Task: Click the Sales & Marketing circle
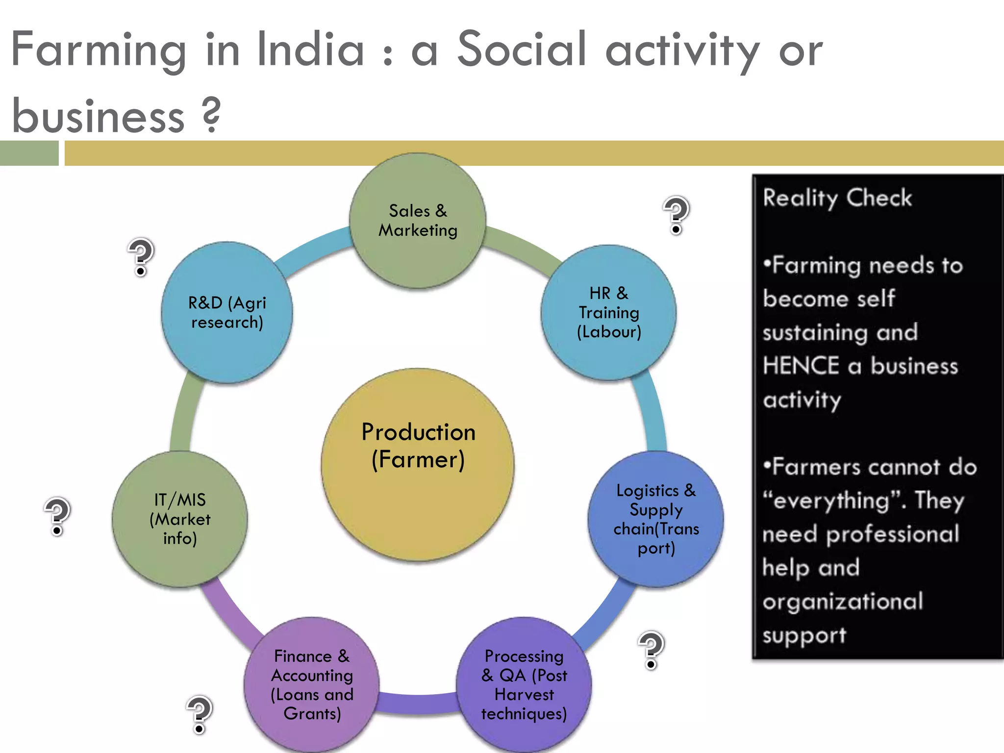[418, 221]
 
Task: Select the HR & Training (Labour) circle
[609, 313]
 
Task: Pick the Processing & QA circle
[524, 685]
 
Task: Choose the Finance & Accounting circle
[312, 685]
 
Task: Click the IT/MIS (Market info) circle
[180, 519]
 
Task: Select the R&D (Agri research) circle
[227, 312]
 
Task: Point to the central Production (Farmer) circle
[418, 464]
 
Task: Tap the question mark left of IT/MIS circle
[57, 516]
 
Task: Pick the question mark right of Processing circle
[651, 650]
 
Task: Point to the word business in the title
[98, 117]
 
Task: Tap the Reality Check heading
[837, 198]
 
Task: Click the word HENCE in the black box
[801, 366]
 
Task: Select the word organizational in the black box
[843, 602]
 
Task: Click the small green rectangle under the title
[29, 153]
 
